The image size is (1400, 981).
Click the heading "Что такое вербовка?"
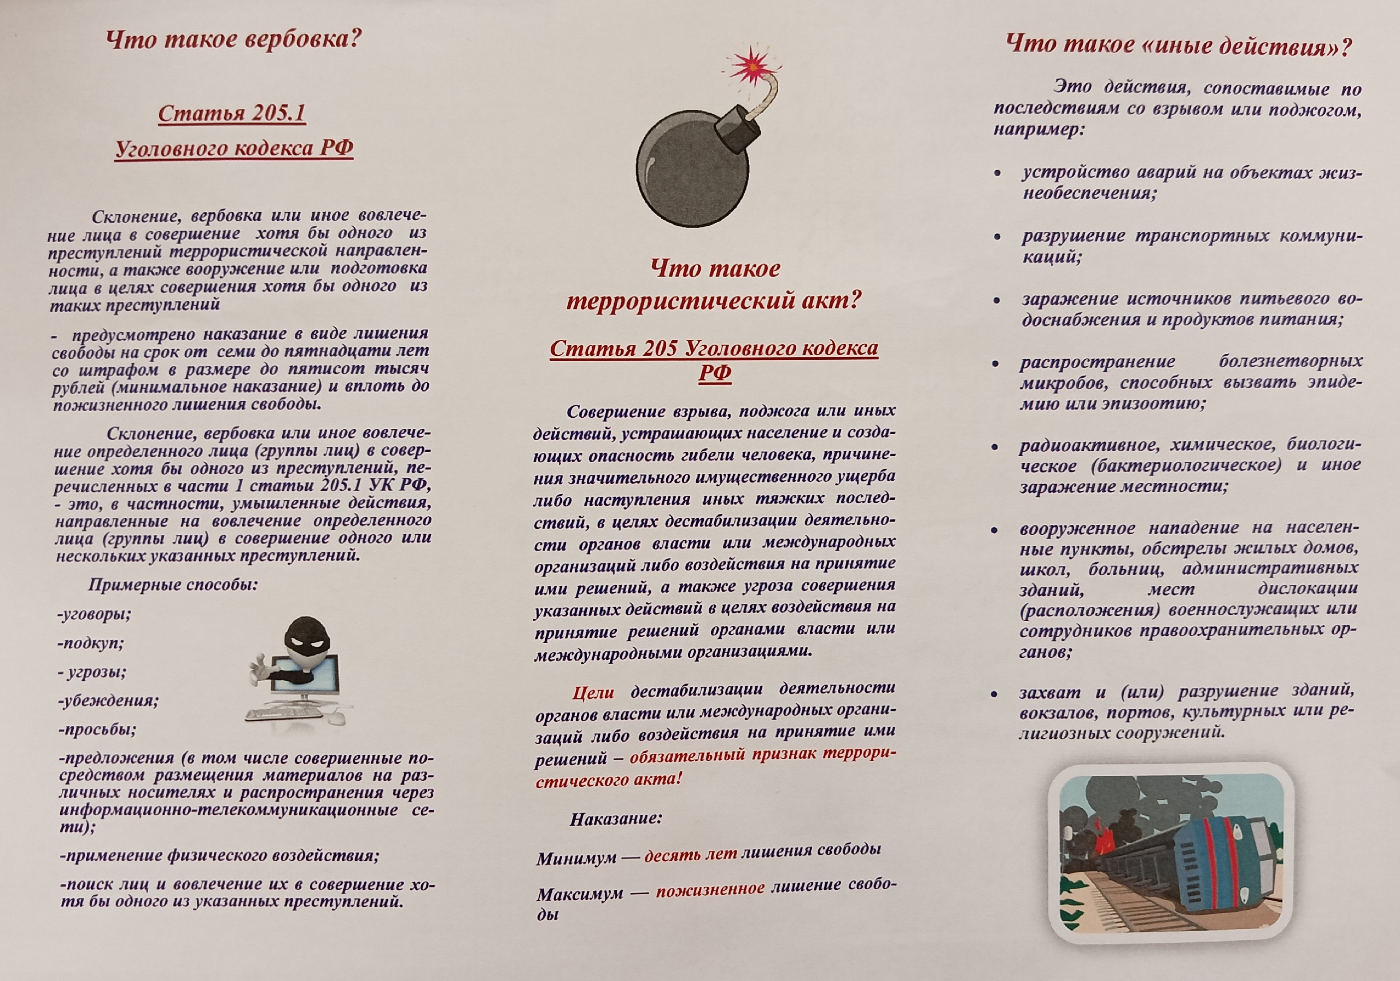[234, 41]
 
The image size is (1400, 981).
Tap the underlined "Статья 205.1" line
[232, 113]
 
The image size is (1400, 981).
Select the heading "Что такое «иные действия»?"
[1178, 46]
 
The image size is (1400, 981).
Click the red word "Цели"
[593, 692]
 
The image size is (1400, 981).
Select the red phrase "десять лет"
[690, 854]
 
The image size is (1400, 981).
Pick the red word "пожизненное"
[710, 889]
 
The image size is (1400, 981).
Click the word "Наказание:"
[616, 818]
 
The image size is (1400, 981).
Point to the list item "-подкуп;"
[91, 643]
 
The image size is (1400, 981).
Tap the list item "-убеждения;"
[108, 700]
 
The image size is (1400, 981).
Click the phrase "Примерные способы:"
[173, 585]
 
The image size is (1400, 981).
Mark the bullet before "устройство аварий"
[997, 174]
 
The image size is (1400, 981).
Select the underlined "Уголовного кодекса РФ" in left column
[234, 148]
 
